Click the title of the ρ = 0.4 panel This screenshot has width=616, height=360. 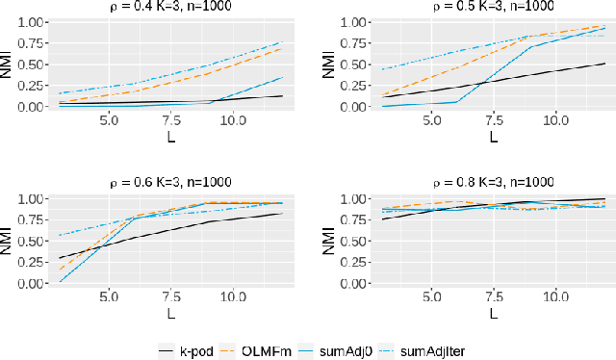[169, 8]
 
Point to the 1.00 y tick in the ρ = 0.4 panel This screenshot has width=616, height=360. [32, 22]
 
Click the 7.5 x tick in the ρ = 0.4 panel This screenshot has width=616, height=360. [170, 121]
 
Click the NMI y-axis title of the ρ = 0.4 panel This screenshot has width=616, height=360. [9, 64]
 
